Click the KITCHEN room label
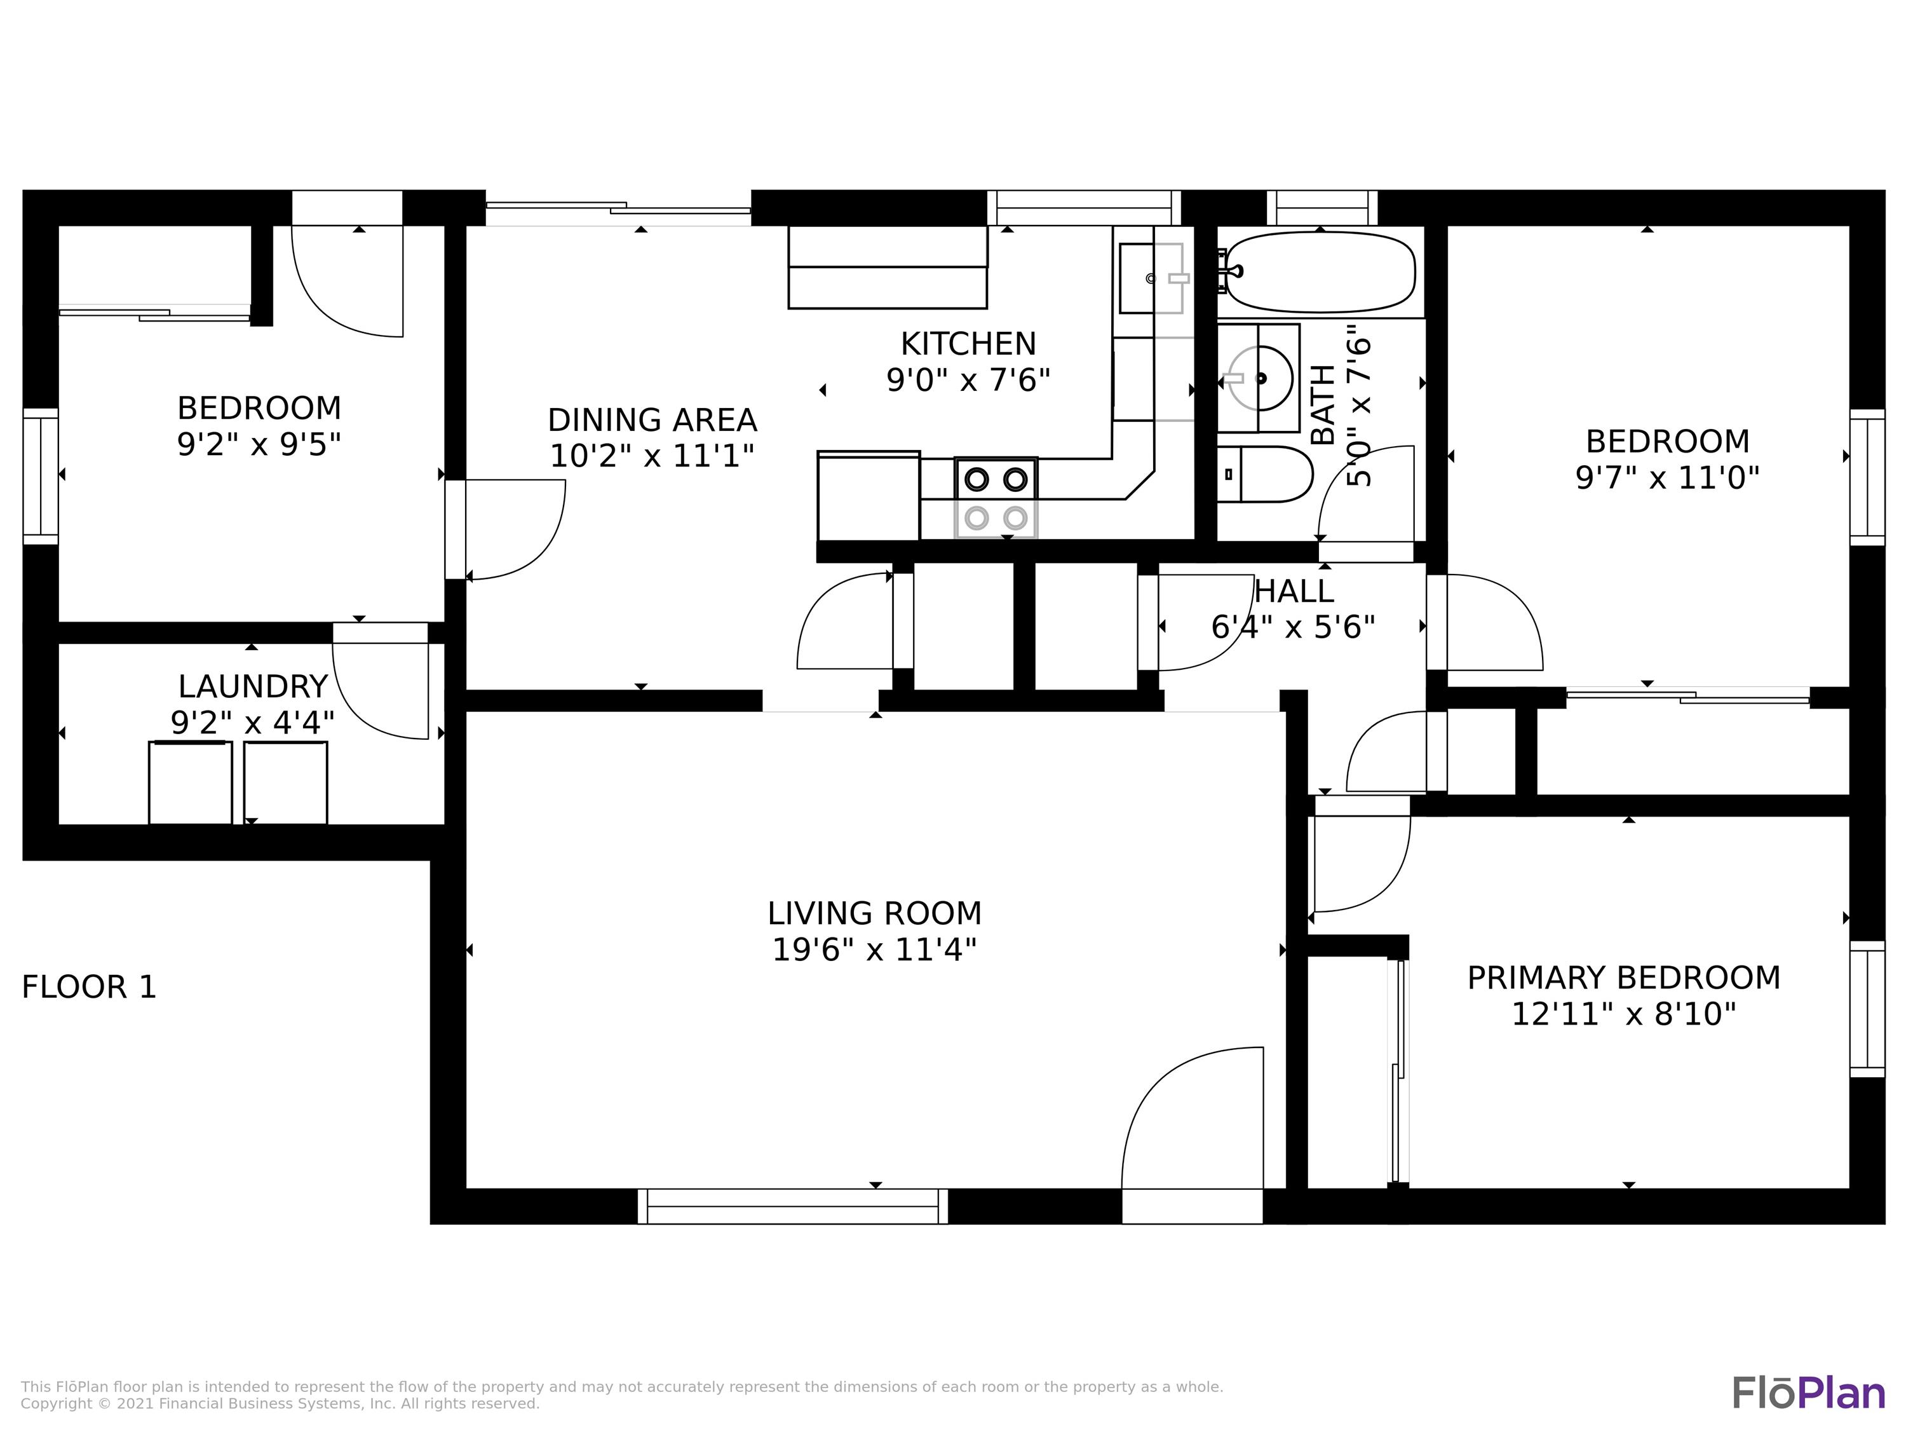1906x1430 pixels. (968, 344)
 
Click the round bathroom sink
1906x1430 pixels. (1260, 378)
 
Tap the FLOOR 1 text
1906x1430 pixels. (89, 987)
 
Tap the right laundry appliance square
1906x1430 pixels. (285, 782)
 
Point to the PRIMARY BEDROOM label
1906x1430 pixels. (1623, 977)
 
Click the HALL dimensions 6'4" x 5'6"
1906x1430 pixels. (1292, 627)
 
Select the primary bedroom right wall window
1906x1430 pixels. (1867, 1009)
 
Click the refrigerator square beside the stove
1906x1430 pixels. (868, 496)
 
